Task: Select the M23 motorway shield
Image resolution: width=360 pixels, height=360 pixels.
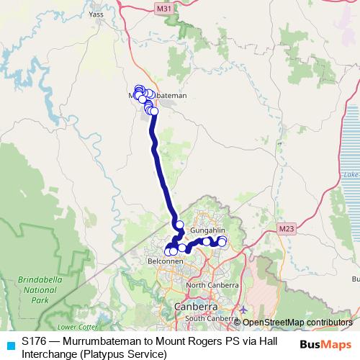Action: [287, 229]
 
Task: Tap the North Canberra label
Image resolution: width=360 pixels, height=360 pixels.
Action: [212, 305]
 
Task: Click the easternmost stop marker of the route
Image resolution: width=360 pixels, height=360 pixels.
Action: [222, 240]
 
